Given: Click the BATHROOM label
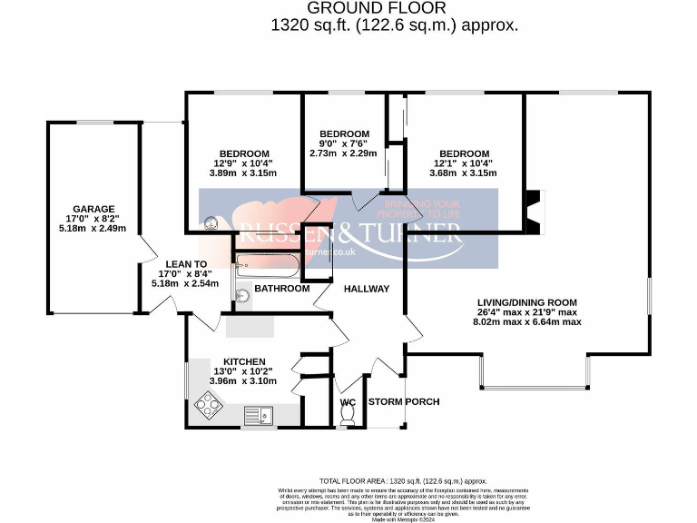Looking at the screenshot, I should pyautogui.click(x=281, y=289).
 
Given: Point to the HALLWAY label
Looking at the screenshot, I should pyautogui.click(x=366, y=289).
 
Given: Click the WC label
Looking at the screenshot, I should pyautogui.click(x=348, y=401).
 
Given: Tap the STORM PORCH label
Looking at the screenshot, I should pyautogui.click(x=404, y=401).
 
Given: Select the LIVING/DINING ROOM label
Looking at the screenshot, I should pyautogui.click(x=527, y=301).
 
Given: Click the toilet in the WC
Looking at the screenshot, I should pyautogui.click(x=347, y=415).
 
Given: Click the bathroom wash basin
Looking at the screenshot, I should pyautogui.click(x=242, y=296).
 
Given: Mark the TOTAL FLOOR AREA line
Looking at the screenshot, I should pyautogui.click(x=404, y=480).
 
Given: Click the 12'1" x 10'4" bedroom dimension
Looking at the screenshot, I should pyautogui.click(x=464, y=163).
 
